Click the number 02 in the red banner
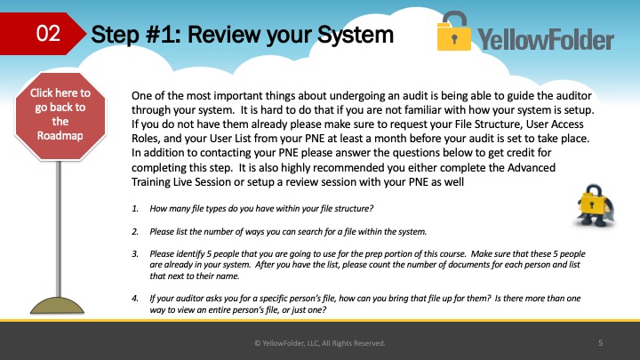click(x=48, y=33)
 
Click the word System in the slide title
click(x=356, y=35)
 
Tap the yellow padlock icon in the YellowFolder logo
click(x=454, y=31)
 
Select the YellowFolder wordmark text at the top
click(x=546, y=40)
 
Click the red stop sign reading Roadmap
click(x=60, y=116)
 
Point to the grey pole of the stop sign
click(x=59, y=228)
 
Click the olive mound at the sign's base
click(x=57, y=305)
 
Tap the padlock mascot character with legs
click(x=595, y=205)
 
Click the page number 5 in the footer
click(x=600, y=343)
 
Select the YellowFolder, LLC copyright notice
click(x=320, y=343)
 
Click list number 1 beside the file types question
click(x=135, y=209)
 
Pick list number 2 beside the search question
click(x=135, y=232)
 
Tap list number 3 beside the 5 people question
click(x=135, y=254)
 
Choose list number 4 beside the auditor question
click(x=135, y=299)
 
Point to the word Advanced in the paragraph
click(x=532, y=167)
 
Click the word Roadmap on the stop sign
click(x=60, y=135)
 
